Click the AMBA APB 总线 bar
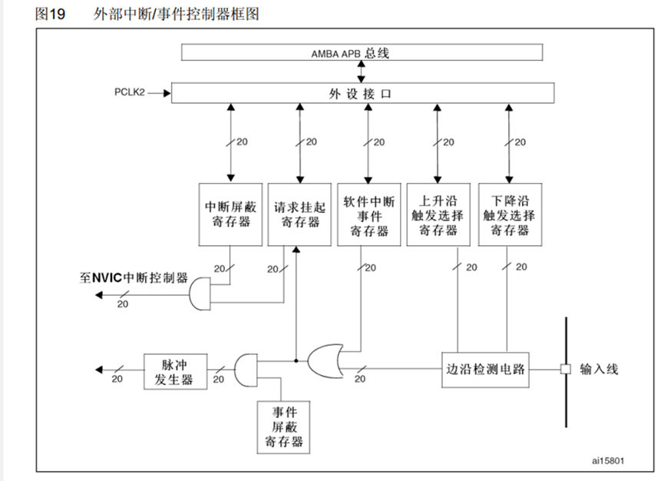pyautogui.click(x=361, y=53)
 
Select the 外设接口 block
pyautogui.click(x=361, y=93)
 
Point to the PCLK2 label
pyautogui.click(x=128, y=92)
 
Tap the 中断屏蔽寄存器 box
pyautogui.click(x=231, y=214)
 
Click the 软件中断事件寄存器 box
pyautogui.click(x=369, y=214)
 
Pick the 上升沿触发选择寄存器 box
pyautogui.click(x=438, y=214)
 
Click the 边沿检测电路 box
pyautogui.click(x=485, y=369)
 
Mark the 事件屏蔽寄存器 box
pyautogui.click(x=283, y=426)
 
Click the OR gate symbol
pyautogui.click(x=327, y=359)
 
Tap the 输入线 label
pyautogui.click(x=599, y=370)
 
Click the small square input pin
pyautogui.click(x=565, y=369)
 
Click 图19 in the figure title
pyautogui.click(x=51, y=15)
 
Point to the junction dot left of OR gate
pyautogui.click(x=296, y=359)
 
